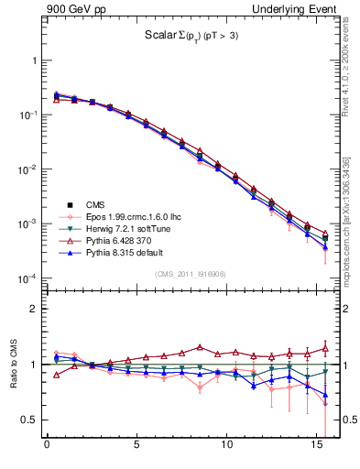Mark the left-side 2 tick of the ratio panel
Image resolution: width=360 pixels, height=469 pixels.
click(33, 309)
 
